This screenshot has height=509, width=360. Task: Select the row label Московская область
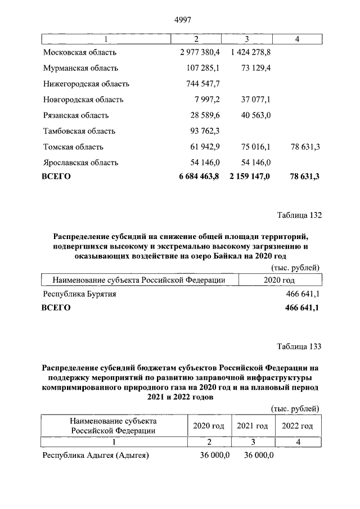(x=79, y=52)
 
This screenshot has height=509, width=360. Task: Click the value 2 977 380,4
(x=200, y=52)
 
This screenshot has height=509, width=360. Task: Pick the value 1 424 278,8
(x=251, y=52)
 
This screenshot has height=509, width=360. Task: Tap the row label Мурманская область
(x=80, y=68)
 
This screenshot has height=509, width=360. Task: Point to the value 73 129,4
(x=256, y=68)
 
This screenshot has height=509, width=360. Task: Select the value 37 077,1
(x=256, y=100)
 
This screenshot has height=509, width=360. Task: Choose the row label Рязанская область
(x=76, y=115)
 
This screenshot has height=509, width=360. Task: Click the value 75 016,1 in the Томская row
(x=256, y=147)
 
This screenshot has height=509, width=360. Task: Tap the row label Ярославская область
(x=80, y=163)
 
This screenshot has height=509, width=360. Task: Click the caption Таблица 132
(x=299, y=215)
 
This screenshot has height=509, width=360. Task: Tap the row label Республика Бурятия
(x=79, y=294)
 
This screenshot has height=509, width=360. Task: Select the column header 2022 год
(x=297, y=426)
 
